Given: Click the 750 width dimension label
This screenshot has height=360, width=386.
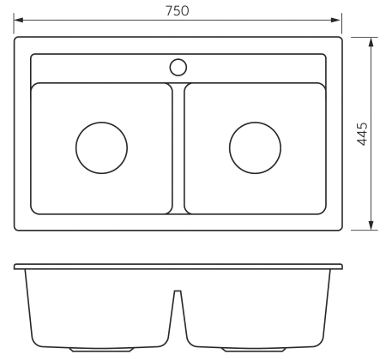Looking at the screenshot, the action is tap(178, 11).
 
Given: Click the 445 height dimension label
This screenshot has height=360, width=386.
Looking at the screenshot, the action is tap(362, 134).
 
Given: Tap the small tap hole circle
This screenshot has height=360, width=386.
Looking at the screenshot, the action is tap(178, 68).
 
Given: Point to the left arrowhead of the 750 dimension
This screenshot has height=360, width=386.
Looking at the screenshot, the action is tap(19, 20).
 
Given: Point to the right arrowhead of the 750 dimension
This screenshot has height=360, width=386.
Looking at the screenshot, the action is tap(335, 20).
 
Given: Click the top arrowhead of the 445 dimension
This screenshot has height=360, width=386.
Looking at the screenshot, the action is tap(371, 42).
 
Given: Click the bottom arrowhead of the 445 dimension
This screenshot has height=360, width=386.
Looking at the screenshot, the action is tap(371, 225).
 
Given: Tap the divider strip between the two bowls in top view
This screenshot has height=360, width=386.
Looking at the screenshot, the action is tap(178, 148).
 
